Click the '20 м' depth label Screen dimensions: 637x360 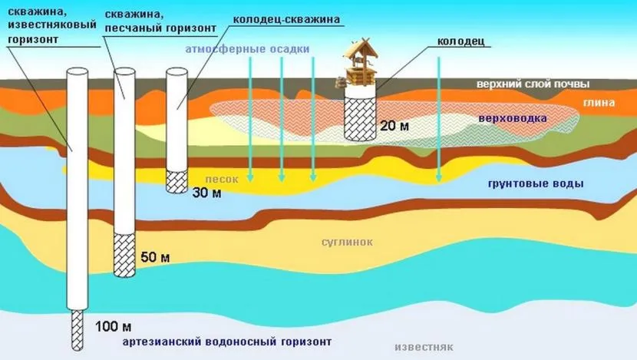(394, 126)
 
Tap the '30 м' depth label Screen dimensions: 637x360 (206, 192)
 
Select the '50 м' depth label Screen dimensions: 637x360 (155, 257)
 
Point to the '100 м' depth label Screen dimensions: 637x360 (113, 326)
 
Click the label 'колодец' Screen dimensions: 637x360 (460, 41)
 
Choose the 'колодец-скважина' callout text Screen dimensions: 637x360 (286, 19)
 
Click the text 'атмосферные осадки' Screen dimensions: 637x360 (247, 49)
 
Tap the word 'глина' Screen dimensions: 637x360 (599, 102)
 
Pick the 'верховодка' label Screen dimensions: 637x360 (512, 119)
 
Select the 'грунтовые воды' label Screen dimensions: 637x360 (536, 183)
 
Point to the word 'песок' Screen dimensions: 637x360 (221, 179)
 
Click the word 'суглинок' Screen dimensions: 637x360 (347, 243)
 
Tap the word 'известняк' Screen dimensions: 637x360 (424, 348)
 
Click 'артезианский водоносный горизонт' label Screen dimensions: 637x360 (226, 342)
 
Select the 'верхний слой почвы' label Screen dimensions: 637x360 (533, 84)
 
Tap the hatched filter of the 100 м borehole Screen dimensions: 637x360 (78, 330)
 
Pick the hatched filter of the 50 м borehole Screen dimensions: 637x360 (124, 256)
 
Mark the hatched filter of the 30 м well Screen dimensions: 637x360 (177, 181)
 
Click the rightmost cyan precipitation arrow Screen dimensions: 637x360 (438, 119)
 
